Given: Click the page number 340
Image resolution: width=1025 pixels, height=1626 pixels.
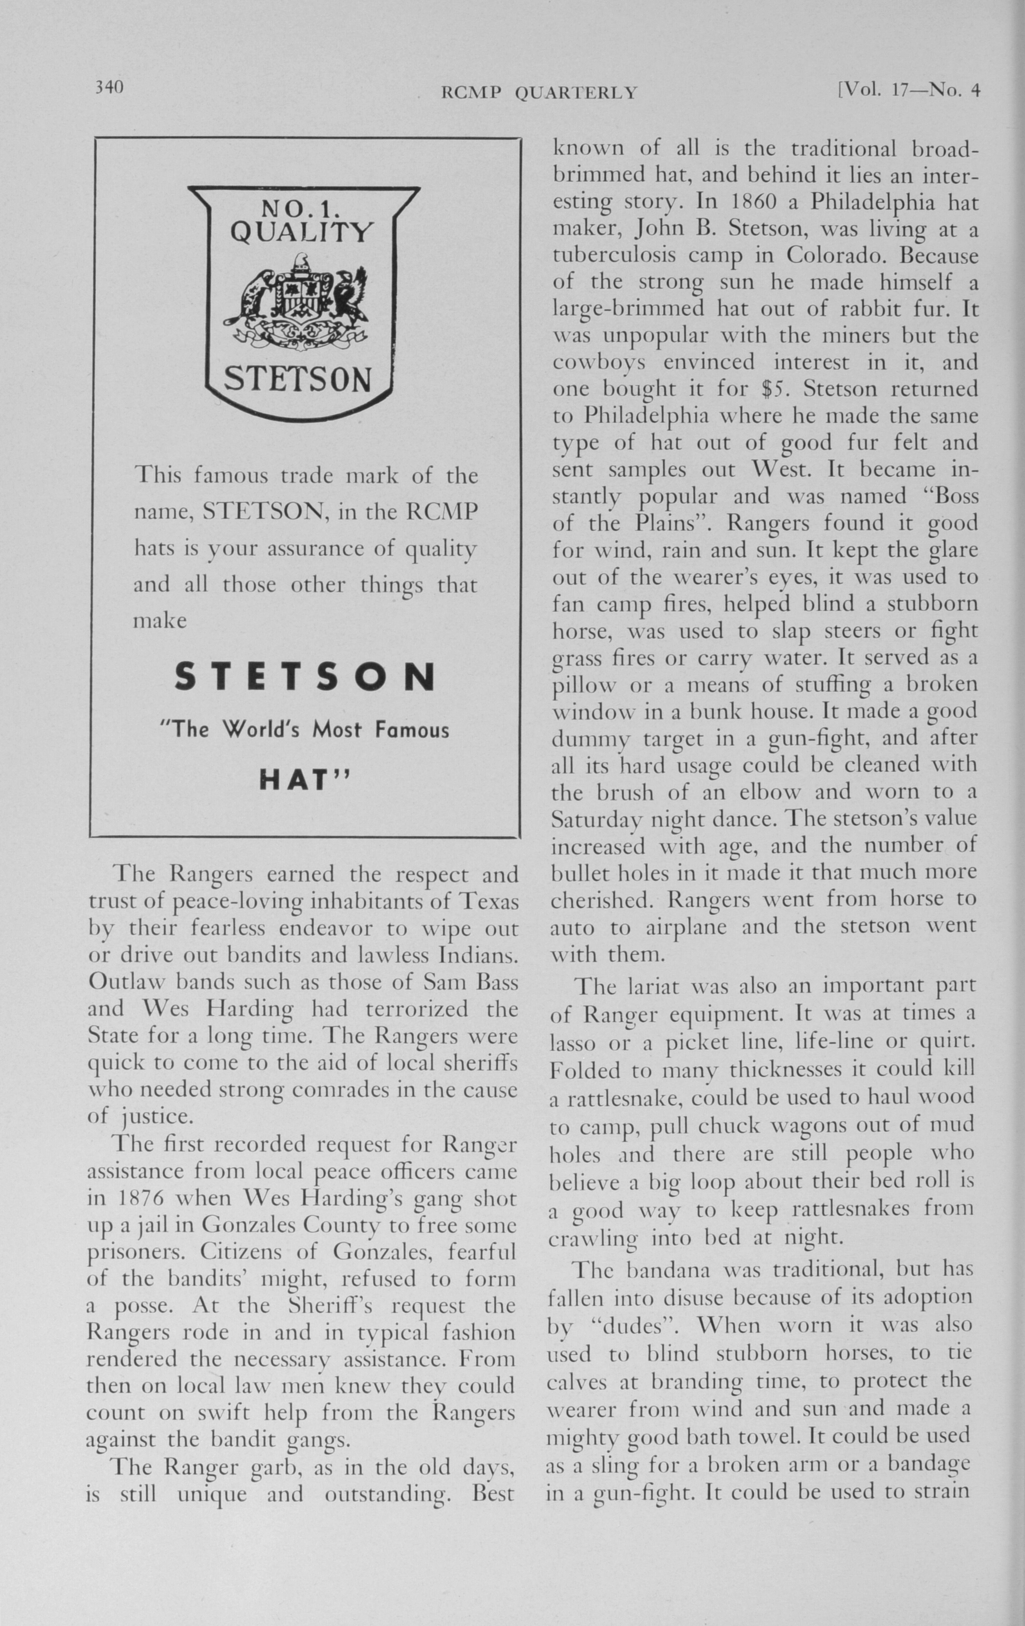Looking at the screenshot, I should pos(109,87).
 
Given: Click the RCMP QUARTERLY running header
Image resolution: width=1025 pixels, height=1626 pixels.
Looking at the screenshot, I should pos(539,92).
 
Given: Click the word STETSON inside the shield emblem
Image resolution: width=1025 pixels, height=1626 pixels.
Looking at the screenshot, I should pos(298,379).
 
